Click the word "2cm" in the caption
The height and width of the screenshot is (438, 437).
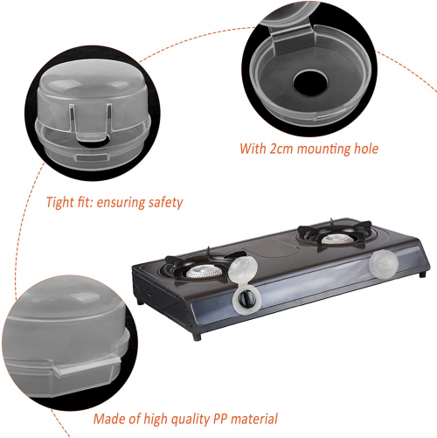281,149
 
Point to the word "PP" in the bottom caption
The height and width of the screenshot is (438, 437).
220,419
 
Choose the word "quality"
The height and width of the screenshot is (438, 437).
190,420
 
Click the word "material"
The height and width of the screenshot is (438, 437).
254,419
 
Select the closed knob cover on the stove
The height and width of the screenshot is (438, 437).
383,264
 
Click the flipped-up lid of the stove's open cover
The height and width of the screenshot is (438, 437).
243,270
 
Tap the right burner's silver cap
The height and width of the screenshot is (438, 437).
337,240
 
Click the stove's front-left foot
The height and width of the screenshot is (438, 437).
197,337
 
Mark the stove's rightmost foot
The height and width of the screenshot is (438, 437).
423,274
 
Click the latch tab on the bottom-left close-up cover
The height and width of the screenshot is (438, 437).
86,366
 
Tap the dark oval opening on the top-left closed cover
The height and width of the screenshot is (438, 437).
94,142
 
